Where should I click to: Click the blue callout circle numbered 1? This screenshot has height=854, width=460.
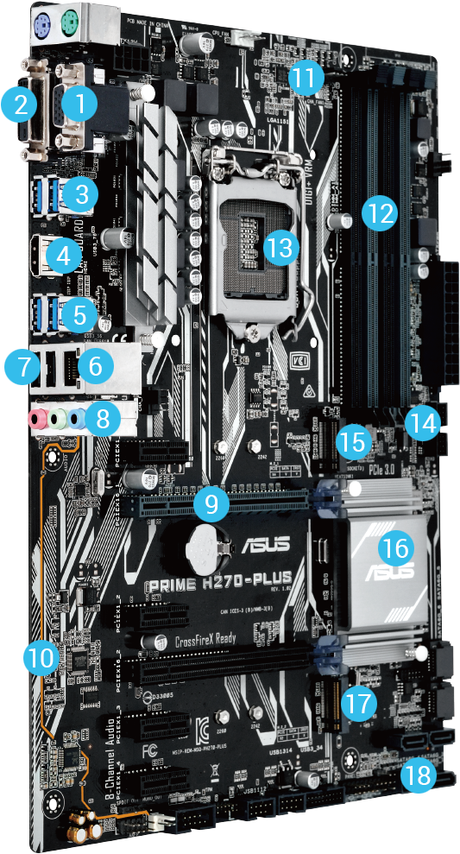79,104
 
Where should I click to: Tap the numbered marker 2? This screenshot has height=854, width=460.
19,104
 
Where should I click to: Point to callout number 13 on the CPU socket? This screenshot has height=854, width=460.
281,246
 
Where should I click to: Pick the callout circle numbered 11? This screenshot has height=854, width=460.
303,77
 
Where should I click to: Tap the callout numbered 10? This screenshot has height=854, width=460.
39,658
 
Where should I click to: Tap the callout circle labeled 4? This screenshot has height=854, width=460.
61,255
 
